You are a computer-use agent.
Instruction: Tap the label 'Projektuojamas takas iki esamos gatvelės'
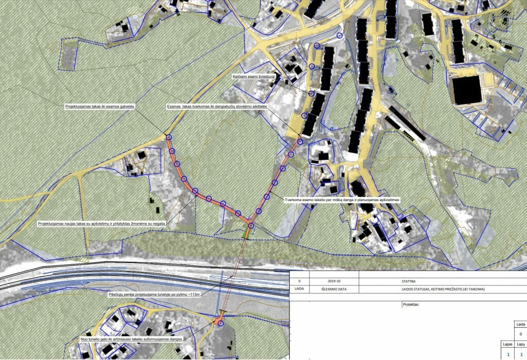point(100,106)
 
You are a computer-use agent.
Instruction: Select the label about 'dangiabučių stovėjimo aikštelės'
point(217,107)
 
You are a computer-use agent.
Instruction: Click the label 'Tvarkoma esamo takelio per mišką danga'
point(342,199)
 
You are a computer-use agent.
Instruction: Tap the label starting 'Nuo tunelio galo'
point(132,340)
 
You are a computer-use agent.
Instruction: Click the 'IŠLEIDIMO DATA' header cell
point(334,290)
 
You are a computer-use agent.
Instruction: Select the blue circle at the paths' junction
point(251,226)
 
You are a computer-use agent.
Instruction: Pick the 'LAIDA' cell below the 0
point(299,290)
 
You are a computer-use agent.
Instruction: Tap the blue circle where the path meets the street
point(169,137)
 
